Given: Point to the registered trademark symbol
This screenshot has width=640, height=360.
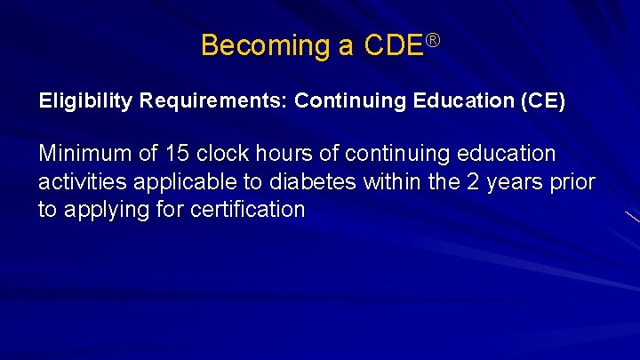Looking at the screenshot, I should [x=433, y=38].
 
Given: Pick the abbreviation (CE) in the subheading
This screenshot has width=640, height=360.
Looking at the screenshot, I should [x=542, y=101].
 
